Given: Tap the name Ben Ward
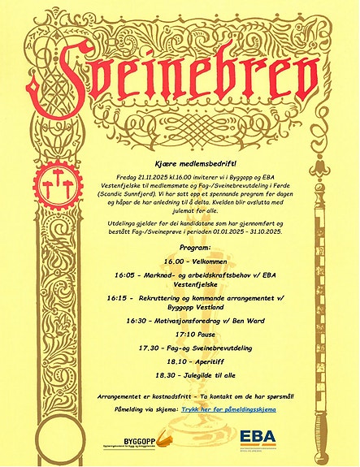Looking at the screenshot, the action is tap(273, 320).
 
